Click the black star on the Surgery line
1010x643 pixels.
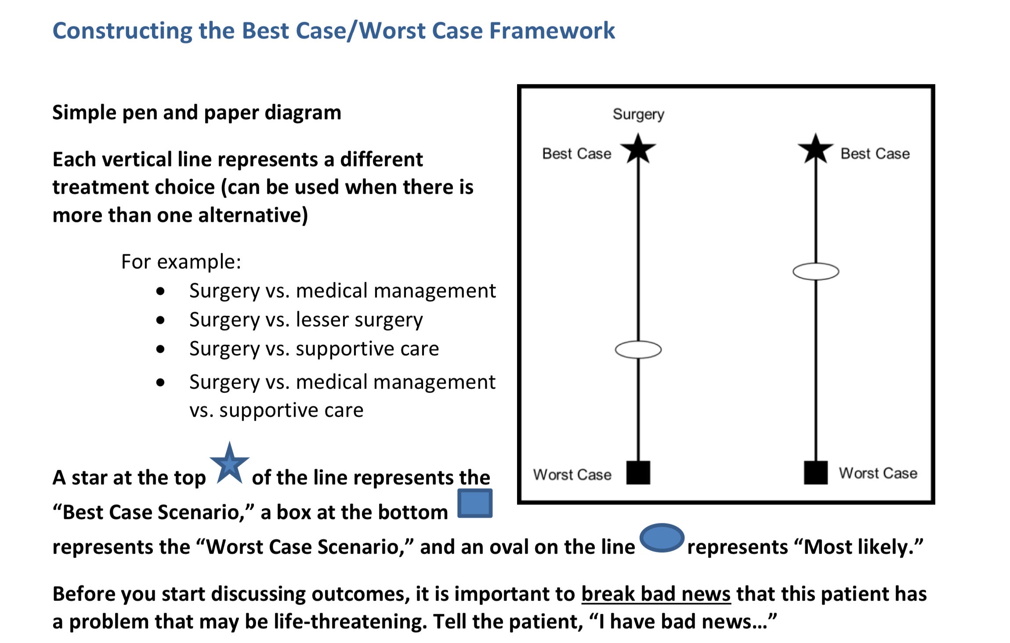638,149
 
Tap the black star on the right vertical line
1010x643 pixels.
815,149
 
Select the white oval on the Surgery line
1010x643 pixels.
638,350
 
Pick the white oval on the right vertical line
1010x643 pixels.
815,271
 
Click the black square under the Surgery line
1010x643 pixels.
638,473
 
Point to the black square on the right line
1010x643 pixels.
815,473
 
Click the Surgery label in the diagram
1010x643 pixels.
638,115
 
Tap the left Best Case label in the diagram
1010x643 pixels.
576,154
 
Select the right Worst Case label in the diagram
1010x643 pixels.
878,473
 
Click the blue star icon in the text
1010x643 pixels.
229,464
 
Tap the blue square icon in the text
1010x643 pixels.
474,503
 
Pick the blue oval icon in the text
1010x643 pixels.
662,538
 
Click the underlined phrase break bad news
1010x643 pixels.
656,594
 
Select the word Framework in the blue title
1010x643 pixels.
552,31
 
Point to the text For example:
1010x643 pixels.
181,262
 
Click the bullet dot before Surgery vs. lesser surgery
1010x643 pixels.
160,320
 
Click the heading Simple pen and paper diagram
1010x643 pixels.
197,112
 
